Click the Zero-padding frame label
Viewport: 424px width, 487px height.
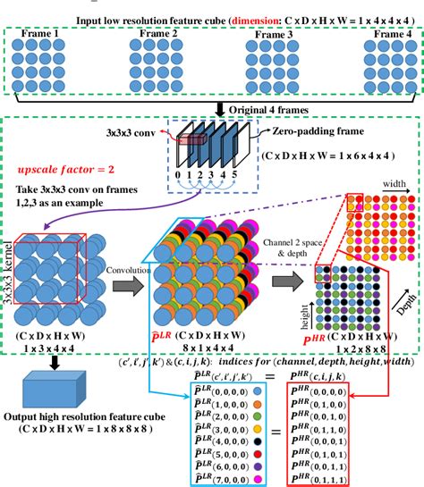click(300, 129)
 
